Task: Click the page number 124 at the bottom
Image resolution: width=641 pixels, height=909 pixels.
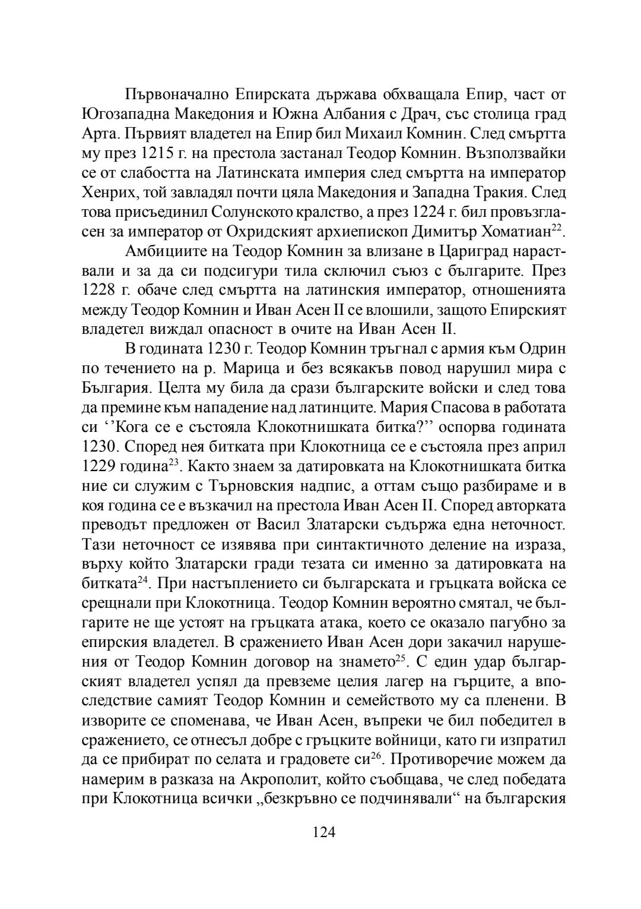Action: click(324, 832)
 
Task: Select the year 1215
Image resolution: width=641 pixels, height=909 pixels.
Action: click(158, 153)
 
